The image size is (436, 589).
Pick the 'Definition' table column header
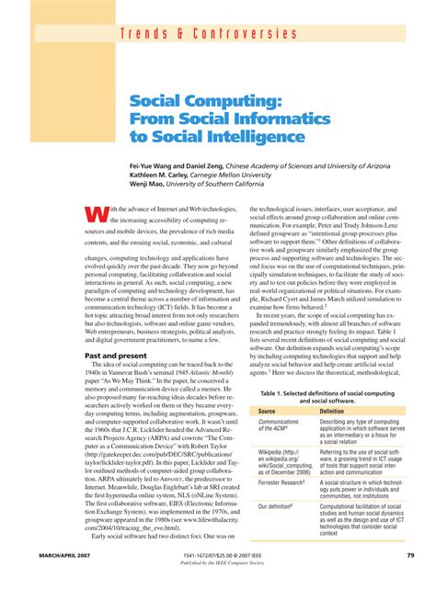pyautogui.click(x=332, y=412)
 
